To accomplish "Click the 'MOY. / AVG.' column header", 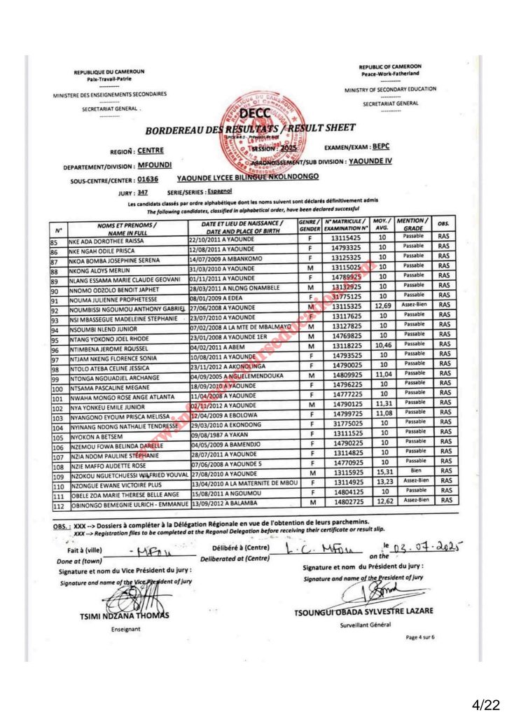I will (382, 224).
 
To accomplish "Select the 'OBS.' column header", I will (443, 224).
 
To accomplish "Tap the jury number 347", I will (143, 191).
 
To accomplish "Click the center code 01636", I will (148, 179).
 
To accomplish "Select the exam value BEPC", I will (380, 147).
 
